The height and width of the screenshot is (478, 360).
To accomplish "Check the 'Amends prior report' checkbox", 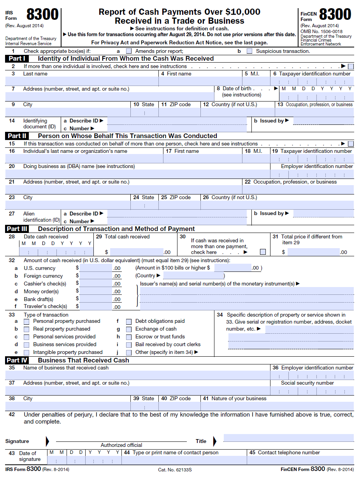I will click(x=129, y=51).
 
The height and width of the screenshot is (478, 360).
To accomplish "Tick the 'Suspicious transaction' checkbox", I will click(x=249, y=51).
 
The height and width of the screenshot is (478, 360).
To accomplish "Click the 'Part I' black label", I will click(x=17, y=59).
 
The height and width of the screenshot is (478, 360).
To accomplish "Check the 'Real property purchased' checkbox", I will click(x=26, y=329).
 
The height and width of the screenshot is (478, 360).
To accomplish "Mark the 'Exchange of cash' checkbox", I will click(x=129, y=329).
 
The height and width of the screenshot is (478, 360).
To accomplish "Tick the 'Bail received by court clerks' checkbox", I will click(x=129, y=345).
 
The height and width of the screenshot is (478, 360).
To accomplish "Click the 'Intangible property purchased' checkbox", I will click(x=26, y=353).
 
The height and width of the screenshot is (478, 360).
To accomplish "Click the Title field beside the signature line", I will click(x=288, y=438).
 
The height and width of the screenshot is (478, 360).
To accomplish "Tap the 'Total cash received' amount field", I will click(x=136, y=252).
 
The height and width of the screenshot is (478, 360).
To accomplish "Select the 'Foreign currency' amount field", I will click(x=96, y=276).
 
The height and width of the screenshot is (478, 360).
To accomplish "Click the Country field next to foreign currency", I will click(x=193, y=276).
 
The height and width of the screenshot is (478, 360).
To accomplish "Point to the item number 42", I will click(x=12, y=415).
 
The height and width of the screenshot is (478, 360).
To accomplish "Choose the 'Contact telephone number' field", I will click(x=300, y=460).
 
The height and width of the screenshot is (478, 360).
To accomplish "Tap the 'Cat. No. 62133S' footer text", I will click(x=175, y=470).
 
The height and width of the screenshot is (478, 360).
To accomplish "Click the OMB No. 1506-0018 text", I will click(x=321, y=32).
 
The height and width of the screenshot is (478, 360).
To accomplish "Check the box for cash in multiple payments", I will click(x=263, y=252).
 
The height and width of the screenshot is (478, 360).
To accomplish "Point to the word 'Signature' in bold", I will click(x=17, y=441).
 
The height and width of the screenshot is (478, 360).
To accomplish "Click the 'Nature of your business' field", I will click(x=277, y=406).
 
